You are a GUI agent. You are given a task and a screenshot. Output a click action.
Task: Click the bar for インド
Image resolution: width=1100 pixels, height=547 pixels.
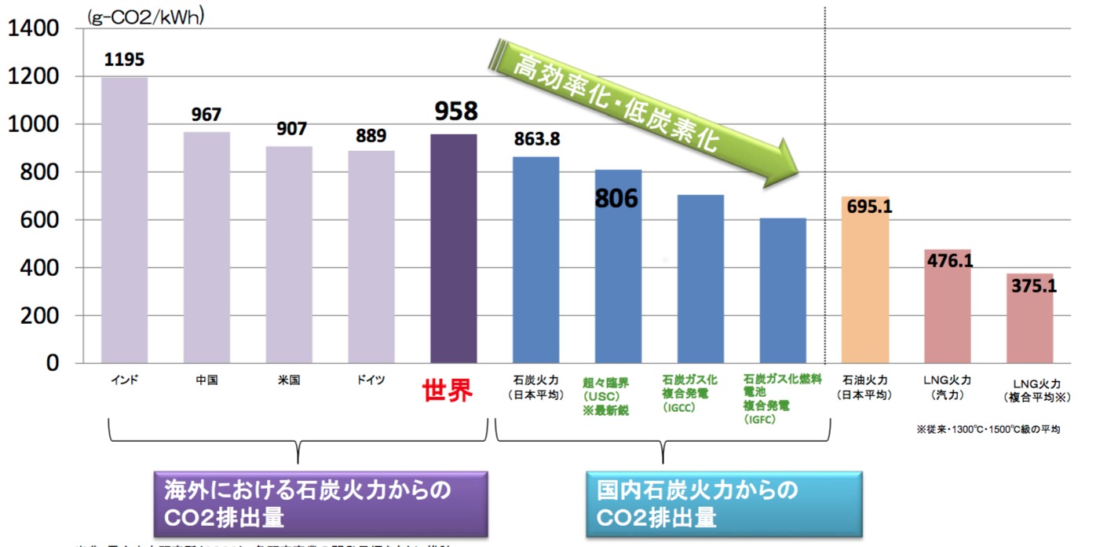click(x=124, y=220)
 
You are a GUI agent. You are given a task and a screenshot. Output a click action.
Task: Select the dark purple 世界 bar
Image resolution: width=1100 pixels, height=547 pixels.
click(x=454, y=248)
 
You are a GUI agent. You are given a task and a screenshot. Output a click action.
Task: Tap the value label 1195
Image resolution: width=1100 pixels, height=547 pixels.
click(x=124, y=60)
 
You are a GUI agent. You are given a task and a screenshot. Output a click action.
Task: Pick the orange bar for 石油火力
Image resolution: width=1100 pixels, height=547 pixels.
click(x=865, y=280)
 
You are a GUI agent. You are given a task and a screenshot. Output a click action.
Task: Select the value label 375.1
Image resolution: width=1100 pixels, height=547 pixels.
click(x=1032, y=287)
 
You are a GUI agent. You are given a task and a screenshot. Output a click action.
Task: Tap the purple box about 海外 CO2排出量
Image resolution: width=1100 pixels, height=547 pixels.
click(x=320, y=504)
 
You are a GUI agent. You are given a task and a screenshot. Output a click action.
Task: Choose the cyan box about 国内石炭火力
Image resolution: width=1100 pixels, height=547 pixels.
click(x=723, y=504)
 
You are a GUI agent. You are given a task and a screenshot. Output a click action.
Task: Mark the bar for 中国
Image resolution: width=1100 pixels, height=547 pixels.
click(x=206, y=248)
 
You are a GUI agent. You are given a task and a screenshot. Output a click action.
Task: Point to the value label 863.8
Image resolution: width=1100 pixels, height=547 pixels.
click(x=537, y=139)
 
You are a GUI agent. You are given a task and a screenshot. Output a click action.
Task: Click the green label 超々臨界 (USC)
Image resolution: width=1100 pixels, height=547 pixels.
click(x=606, y=395)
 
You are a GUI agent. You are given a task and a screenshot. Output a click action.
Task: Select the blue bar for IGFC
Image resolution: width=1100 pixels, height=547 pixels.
click(x=783, y=291)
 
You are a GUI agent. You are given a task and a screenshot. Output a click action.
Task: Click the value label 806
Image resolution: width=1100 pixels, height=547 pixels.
click(x=616, y=198)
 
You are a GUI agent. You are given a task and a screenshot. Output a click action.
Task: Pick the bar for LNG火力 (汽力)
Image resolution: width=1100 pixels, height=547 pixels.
click(x=948, y=307)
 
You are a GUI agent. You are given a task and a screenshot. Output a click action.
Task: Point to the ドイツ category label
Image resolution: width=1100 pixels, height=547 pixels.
click(x=370, y=380)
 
